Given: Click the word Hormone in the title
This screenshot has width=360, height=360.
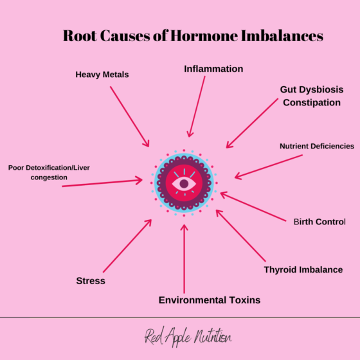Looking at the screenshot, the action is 204,36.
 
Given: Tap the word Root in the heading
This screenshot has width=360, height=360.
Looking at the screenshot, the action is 80,36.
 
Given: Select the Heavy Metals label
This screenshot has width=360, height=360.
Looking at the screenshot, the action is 102,75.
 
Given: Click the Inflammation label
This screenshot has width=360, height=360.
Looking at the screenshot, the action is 213,69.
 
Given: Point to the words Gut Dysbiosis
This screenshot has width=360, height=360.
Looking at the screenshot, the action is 312,90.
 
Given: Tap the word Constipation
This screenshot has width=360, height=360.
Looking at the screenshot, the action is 312,103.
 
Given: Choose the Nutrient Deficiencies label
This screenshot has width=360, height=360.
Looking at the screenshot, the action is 317,147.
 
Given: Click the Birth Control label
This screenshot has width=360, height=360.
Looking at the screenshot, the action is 319,222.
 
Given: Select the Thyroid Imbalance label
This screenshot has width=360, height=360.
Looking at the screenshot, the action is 303,270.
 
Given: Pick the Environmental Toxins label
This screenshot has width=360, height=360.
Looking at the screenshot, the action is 210,300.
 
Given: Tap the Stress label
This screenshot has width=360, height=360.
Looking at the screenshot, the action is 91,281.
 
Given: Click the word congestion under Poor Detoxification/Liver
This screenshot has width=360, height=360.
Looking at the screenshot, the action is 49,177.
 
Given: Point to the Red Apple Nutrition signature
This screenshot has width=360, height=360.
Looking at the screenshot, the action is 188,337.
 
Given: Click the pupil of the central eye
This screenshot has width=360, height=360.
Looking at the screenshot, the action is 184,184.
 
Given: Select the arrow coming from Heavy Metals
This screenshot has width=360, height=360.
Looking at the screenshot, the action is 129,116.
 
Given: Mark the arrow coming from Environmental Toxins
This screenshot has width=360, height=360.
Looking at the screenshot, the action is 184,258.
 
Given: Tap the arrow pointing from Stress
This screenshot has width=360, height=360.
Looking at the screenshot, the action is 127,246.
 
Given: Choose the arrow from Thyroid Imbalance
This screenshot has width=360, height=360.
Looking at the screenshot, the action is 240,235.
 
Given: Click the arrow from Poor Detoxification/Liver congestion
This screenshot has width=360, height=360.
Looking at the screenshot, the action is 102,183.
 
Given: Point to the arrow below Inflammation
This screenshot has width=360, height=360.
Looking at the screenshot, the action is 196,107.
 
